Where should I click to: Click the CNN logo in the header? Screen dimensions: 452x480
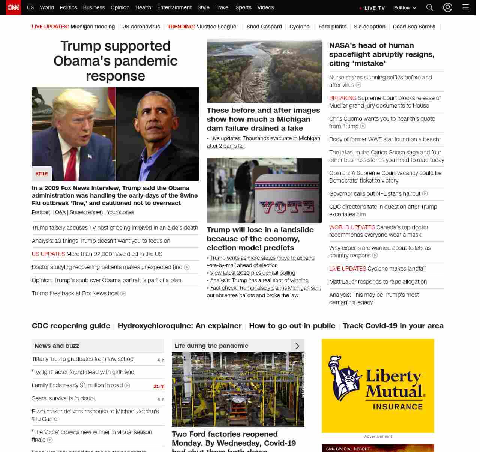pos(13,7)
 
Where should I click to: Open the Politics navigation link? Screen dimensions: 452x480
pos(68,7)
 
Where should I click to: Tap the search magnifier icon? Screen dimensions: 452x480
pos(430,7)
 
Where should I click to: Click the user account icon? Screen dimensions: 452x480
pos(448,7)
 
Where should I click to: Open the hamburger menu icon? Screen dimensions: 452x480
pos(466,7)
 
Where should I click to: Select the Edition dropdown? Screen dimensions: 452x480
pos(405,8)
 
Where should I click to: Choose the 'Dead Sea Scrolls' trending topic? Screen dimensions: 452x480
pos(414,27)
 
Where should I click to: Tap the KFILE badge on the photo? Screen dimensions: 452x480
pos(42,174)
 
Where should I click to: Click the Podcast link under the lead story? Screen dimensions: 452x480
pos(41,212)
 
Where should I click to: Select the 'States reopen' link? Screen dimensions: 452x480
pos(86,212)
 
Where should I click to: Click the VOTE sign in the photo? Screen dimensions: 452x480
pos(287,206)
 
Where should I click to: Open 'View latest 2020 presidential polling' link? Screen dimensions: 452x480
pos(253,273)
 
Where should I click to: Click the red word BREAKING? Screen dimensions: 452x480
pos(343,98)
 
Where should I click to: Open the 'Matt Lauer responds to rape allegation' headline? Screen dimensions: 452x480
pos(378,282)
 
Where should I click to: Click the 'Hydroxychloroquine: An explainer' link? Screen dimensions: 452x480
pos(180,326)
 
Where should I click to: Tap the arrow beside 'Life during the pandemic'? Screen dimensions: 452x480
pos(297,346)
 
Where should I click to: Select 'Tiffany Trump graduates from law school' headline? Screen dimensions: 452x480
pos(83,359)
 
